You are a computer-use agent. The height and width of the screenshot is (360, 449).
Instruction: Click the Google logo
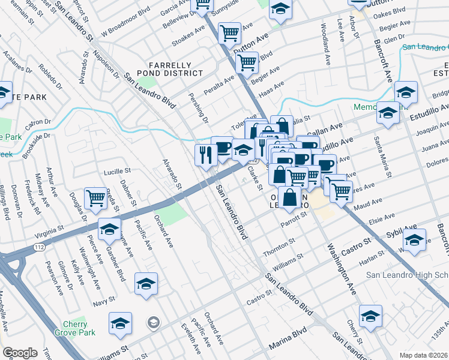click(x=20, y=352)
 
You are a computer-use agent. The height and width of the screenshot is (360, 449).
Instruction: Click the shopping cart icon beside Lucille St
click(x=96, y=197)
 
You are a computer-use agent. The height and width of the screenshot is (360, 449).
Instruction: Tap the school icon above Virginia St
click(x=109, y=229)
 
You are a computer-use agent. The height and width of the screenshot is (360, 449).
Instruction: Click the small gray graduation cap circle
click(x=154, y=323)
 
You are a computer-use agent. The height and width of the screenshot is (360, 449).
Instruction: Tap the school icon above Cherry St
click(x=370, y=315)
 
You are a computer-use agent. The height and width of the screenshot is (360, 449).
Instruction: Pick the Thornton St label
click(x=279, y=247)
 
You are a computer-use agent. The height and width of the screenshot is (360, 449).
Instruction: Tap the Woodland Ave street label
click(x=324, y=36)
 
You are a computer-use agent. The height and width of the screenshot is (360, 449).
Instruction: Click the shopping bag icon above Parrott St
click(x=289, y=197)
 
